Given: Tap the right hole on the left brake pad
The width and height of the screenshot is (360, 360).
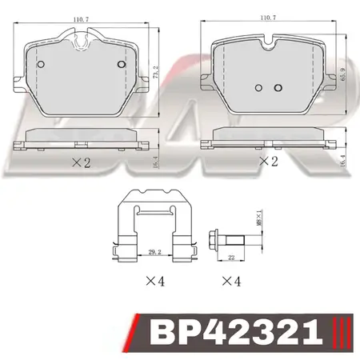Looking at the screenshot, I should [x=121, y=64].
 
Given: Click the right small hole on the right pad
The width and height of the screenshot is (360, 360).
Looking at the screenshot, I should [x=278, y=87].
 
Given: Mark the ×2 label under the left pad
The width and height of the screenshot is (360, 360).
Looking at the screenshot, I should [x=82, y=162].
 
